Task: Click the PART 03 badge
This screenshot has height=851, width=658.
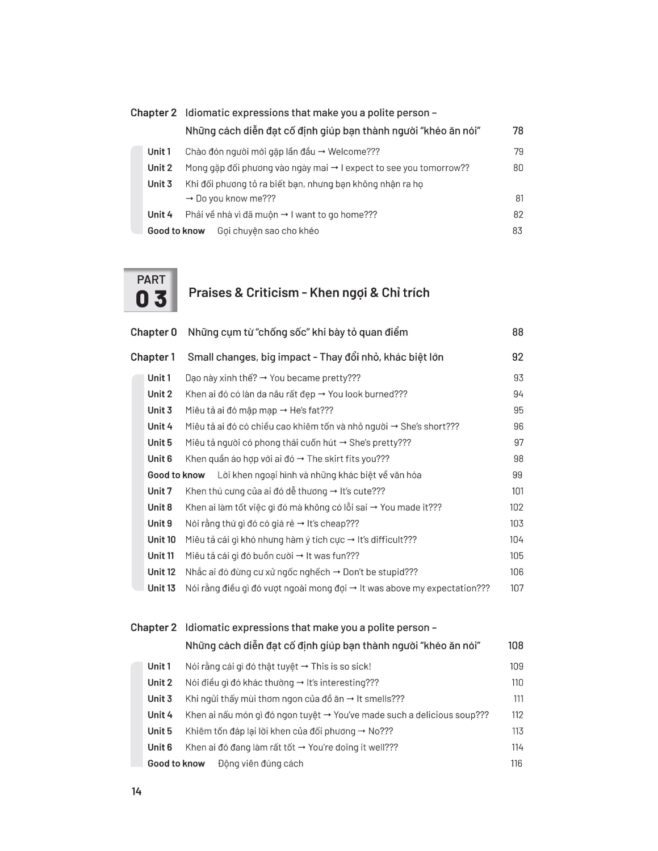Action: [150, 290]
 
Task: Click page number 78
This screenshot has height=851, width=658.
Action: [518, 131]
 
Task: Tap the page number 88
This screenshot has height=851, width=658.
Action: [517, 332]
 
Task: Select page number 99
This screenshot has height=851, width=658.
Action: [517, 475]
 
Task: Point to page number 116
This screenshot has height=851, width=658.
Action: [516, 764]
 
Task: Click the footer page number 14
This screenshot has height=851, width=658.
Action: [136, 791]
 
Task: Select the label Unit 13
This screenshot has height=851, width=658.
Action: [161, 588]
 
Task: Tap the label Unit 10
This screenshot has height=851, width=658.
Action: [161, 540]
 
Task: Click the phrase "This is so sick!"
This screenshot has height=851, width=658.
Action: [341, 667]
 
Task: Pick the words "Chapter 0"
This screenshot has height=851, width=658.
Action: [153, 332]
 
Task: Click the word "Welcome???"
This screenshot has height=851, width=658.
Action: [354, 152]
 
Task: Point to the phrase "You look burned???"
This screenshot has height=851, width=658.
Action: [367, 394]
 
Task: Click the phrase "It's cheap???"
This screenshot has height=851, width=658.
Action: [333, 524]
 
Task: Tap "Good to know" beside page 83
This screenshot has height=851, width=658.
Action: [176, 231]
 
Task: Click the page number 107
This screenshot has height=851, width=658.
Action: [517, 588]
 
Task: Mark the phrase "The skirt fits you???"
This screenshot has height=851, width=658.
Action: [348, 459]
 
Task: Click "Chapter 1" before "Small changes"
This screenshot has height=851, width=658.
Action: [153, 357]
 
